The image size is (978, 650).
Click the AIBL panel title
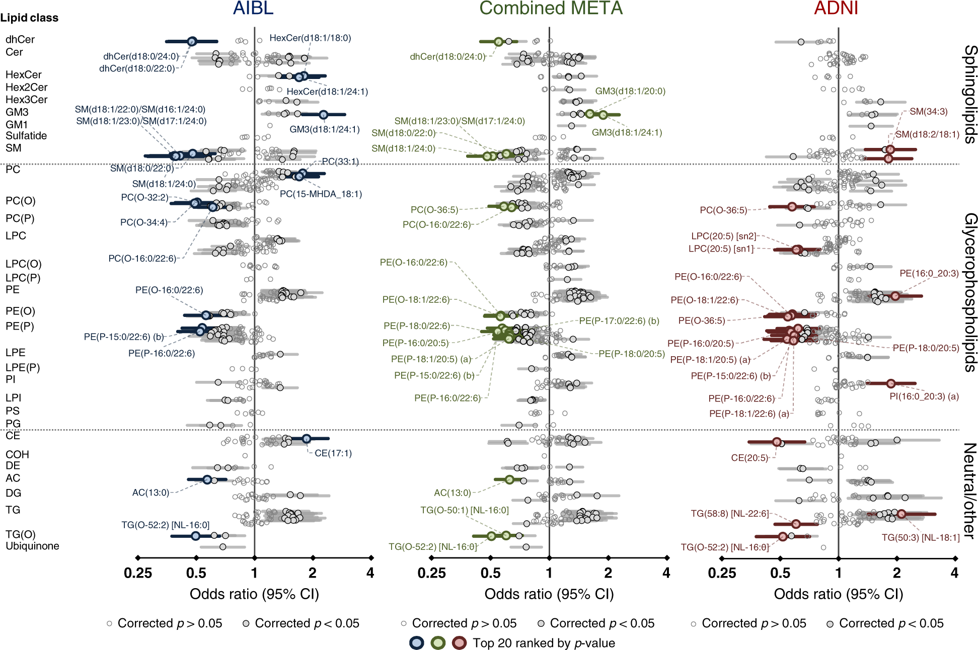tap(253, 8)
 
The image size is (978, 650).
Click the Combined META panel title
tap(551, 8)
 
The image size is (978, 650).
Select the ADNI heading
tap(836, 8)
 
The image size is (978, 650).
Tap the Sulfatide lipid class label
tap(26, 136)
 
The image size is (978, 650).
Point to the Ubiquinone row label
tap(32, 546)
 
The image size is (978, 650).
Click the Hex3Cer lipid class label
tap(26, 100)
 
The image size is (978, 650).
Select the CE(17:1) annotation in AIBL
tap(333, 453)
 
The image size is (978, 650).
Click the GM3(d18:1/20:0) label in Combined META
tap(630, 91)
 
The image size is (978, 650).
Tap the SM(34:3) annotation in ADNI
tap(928, 112)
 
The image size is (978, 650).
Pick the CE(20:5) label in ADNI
tap(749, 458)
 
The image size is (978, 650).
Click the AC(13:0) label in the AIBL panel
tap(151, 493)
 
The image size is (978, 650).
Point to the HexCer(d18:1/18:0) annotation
tap(310, 38)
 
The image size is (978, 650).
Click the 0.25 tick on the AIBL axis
tap(137, 573)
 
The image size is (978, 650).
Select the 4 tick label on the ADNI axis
tap(954, 573)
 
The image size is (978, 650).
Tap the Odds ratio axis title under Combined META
tap(549, 594)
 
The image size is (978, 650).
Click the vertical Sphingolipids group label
tap(969, 95)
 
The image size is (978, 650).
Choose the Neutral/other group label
tap(969, 491)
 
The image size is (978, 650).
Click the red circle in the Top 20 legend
tap(459, 643)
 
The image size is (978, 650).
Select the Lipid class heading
tap(29, 18)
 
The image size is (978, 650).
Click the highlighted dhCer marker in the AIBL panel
tap(192, 41)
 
